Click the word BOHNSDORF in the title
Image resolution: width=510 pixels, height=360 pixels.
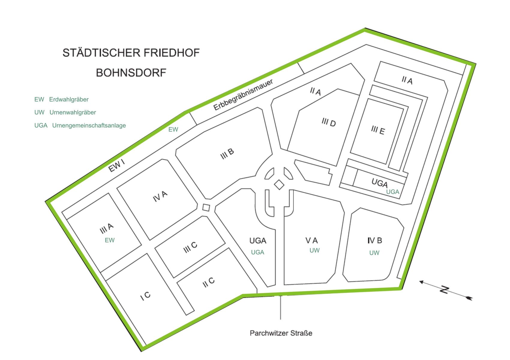[131, 73]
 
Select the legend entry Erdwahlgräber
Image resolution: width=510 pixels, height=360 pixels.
[69, 100]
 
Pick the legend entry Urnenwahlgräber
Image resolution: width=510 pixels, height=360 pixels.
[73, 112]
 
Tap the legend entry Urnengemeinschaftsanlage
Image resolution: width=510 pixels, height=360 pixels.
[89, 125]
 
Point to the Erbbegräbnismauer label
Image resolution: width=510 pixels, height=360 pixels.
[243, 95]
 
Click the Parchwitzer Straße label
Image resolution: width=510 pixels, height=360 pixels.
[281, 333]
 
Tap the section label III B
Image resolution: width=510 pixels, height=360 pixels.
[227, 154]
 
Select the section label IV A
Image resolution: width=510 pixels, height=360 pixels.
[160, 196]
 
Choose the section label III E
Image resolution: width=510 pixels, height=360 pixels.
[378, 130]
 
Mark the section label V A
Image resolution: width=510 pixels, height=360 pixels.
[311, 241]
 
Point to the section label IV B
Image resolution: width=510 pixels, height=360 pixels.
[375, 241]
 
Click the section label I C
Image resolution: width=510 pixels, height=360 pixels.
[145, 296]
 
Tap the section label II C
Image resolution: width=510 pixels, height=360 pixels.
[208, 282]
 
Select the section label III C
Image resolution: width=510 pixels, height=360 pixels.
[190, 247]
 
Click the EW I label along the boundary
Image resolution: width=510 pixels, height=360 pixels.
[116, 166]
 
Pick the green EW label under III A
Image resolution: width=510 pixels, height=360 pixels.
[109, 240]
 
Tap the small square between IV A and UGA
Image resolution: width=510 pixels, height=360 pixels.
[206, 207]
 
